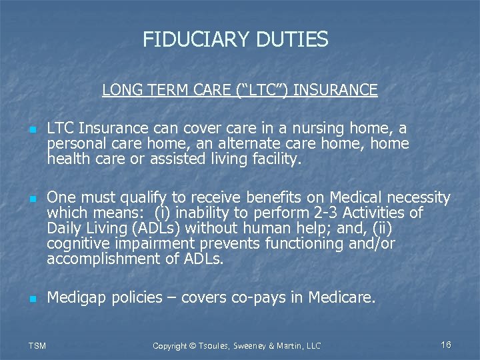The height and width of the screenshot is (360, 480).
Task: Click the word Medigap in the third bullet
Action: tap(75, 297)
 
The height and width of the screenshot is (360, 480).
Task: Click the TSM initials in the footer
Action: tap(37, 345)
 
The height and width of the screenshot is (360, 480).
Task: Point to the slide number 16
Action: tap(446, 345)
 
